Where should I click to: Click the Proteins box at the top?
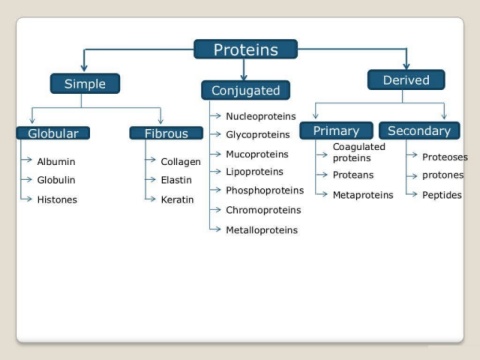point(246,49)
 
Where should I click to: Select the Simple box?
point(85,84)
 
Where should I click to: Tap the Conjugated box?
point(246,90)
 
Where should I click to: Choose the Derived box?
point(406,80)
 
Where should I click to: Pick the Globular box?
point(53,133)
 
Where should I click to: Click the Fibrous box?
point(166,133)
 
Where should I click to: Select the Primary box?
point(336,131)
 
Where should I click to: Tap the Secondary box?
point(419,131)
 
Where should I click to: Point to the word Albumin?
point(56,162)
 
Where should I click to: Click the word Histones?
point(57,200)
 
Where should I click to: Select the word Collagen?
point(181,162)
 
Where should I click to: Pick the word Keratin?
point(177,200)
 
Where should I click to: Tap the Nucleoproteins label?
point(261,116)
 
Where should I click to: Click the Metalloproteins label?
point(262,230)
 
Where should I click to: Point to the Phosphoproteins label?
point(265,190)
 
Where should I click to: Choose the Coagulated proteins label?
point(359,152)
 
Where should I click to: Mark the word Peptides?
point(442,195)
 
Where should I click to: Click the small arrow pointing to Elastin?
point(151,180)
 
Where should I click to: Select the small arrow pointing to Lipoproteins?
point(215,172)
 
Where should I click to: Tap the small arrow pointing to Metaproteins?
point(321,194)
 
